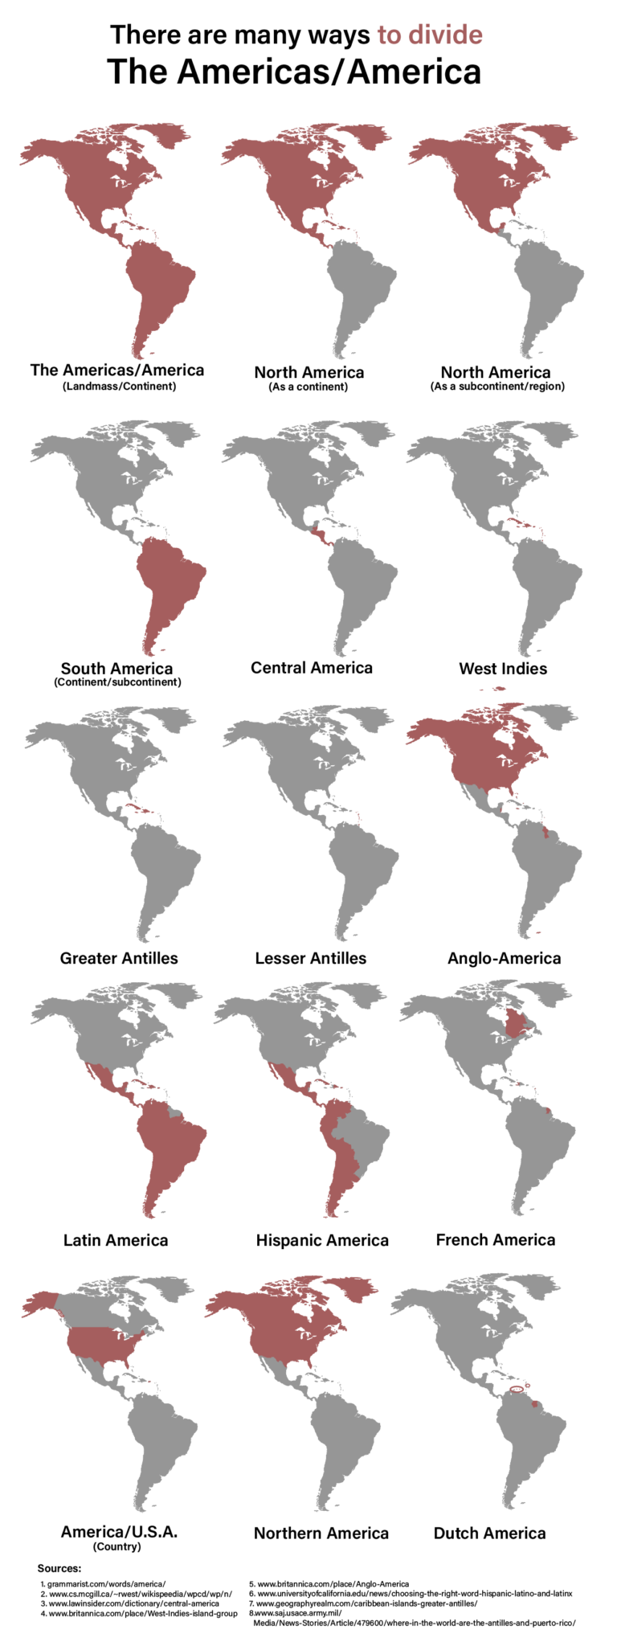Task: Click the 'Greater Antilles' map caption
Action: pyautogui.click(x=119, y=958)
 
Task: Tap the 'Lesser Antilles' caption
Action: pyautogui.click(x=310, y=958)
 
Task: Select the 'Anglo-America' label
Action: pyautogui.click(x=504, y=958)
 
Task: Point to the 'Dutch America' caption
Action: pyautogui.click(x=489, y=1533)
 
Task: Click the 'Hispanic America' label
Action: pyautogui.click(x=322, y=1240)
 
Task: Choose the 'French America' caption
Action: pyautogui.click(x=495, y=1239)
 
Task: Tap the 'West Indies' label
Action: pyautogui.click(x=503, y=669)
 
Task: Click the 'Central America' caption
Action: pyautogui.click(x=312, y=668)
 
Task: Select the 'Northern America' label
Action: pyautogui.click(x=321, y=1533)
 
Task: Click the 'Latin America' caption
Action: pyautogui.click(x=116, y=1240)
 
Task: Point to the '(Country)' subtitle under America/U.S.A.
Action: pyautogui.click(x=117, y=1546)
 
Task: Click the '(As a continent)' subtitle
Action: pyautogui.click(x=308, y=387)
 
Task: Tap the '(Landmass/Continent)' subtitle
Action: pyautogui.click(x=118, y=386)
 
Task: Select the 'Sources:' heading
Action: pyautogui.click(x=59, y=1568)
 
